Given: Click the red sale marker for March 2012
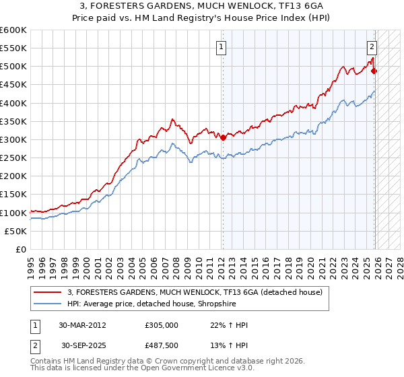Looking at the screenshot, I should tap(223, 137).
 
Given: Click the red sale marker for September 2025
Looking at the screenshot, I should tap(374, 71).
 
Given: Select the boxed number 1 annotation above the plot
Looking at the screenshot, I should tap(222, 46).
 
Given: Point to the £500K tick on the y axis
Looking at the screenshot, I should tap(13, 67).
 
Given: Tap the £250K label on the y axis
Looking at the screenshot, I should tap(13, 158).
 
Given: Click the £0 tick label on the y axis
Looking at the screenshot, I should tap(21, 249).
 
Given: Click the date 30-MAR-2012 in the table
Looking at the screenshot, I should tap(83, 325).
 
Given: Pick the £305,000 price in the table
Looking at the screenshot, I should tap(162, 325).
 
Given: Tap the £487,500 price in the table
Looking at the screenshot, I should tap(162, 345).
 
